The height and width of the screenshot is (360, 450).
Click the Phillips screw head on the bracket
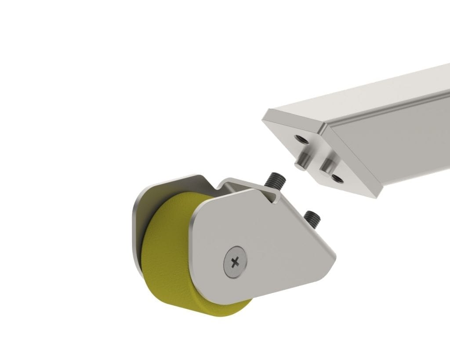point(235,262)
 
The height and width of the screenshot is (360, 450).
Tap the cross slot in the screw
point(236,262)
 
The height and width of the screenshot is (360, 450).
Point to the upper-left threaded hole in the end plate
point(301,139)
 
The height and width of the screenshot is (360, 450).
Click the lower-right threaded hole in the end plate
point(337,178)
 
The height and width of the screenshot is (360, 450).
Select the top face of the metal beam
point(374,97)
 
